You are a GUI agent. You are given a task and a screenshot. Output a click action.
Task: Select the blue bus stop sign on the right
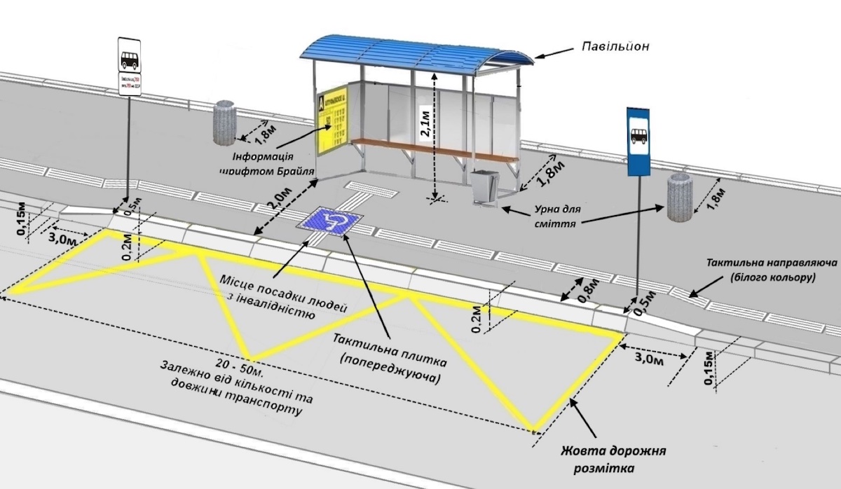pos(638,141)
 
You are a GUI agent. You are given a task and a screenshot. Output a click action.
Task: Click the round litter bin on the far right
pos(679,198)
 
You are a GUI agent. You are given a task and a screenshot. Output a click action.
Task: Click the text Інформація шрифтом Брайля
pos(266,163)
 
